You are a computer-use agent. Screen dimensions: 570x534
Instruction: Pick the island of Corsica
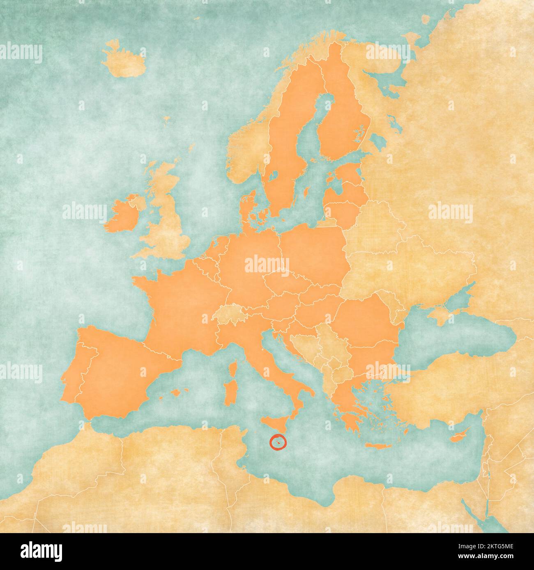pos(232,367)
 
